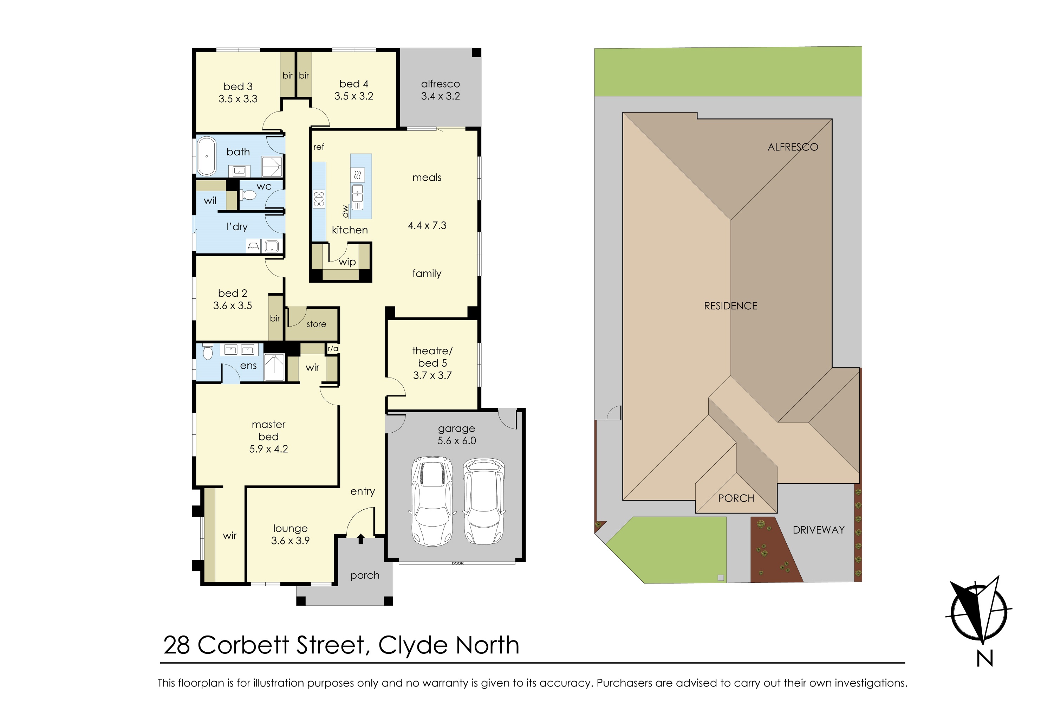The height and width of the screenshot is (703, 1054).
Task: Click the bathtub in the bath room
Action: (x=207, y=156)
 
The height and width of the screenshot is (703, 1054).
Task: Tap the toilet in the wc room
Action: (x=248, y=195)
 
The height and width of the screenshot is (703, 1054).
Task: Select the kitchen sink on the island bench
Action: (x=357, y=194)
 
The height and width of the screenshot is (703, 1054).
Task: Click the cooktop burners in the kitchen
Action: (x=319, y=199)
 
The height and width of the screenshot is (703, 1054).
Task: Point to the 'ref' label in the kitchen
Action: (x=319, y=147)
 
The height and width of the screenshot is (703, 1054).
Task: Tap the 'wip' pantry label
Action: (x=347, y=262)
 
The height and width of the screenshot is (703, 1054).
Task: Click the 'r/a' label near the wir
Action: (x=333, y=348)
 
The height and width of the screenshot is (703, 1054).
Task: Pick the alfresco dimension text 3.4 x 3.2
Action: (x=440, y=96)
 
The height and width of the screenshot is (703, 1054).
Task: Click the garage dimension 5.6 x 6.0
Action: (x=457, y=441)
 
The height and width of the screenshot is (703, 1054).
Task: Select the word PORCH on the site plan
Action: (x=736, y=498)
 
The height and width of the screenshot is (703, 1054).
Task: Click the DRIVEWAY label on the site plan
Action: (x=818, y=530)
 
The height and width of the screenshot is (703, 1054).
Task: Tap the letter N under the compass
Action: (x=984, y=659)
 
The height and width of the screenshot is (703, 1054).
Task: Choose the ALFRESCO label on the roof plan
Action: (x=792, y=147)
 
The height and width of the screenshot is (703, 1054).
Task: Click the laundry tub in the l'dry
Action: (x=272, y=246)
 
